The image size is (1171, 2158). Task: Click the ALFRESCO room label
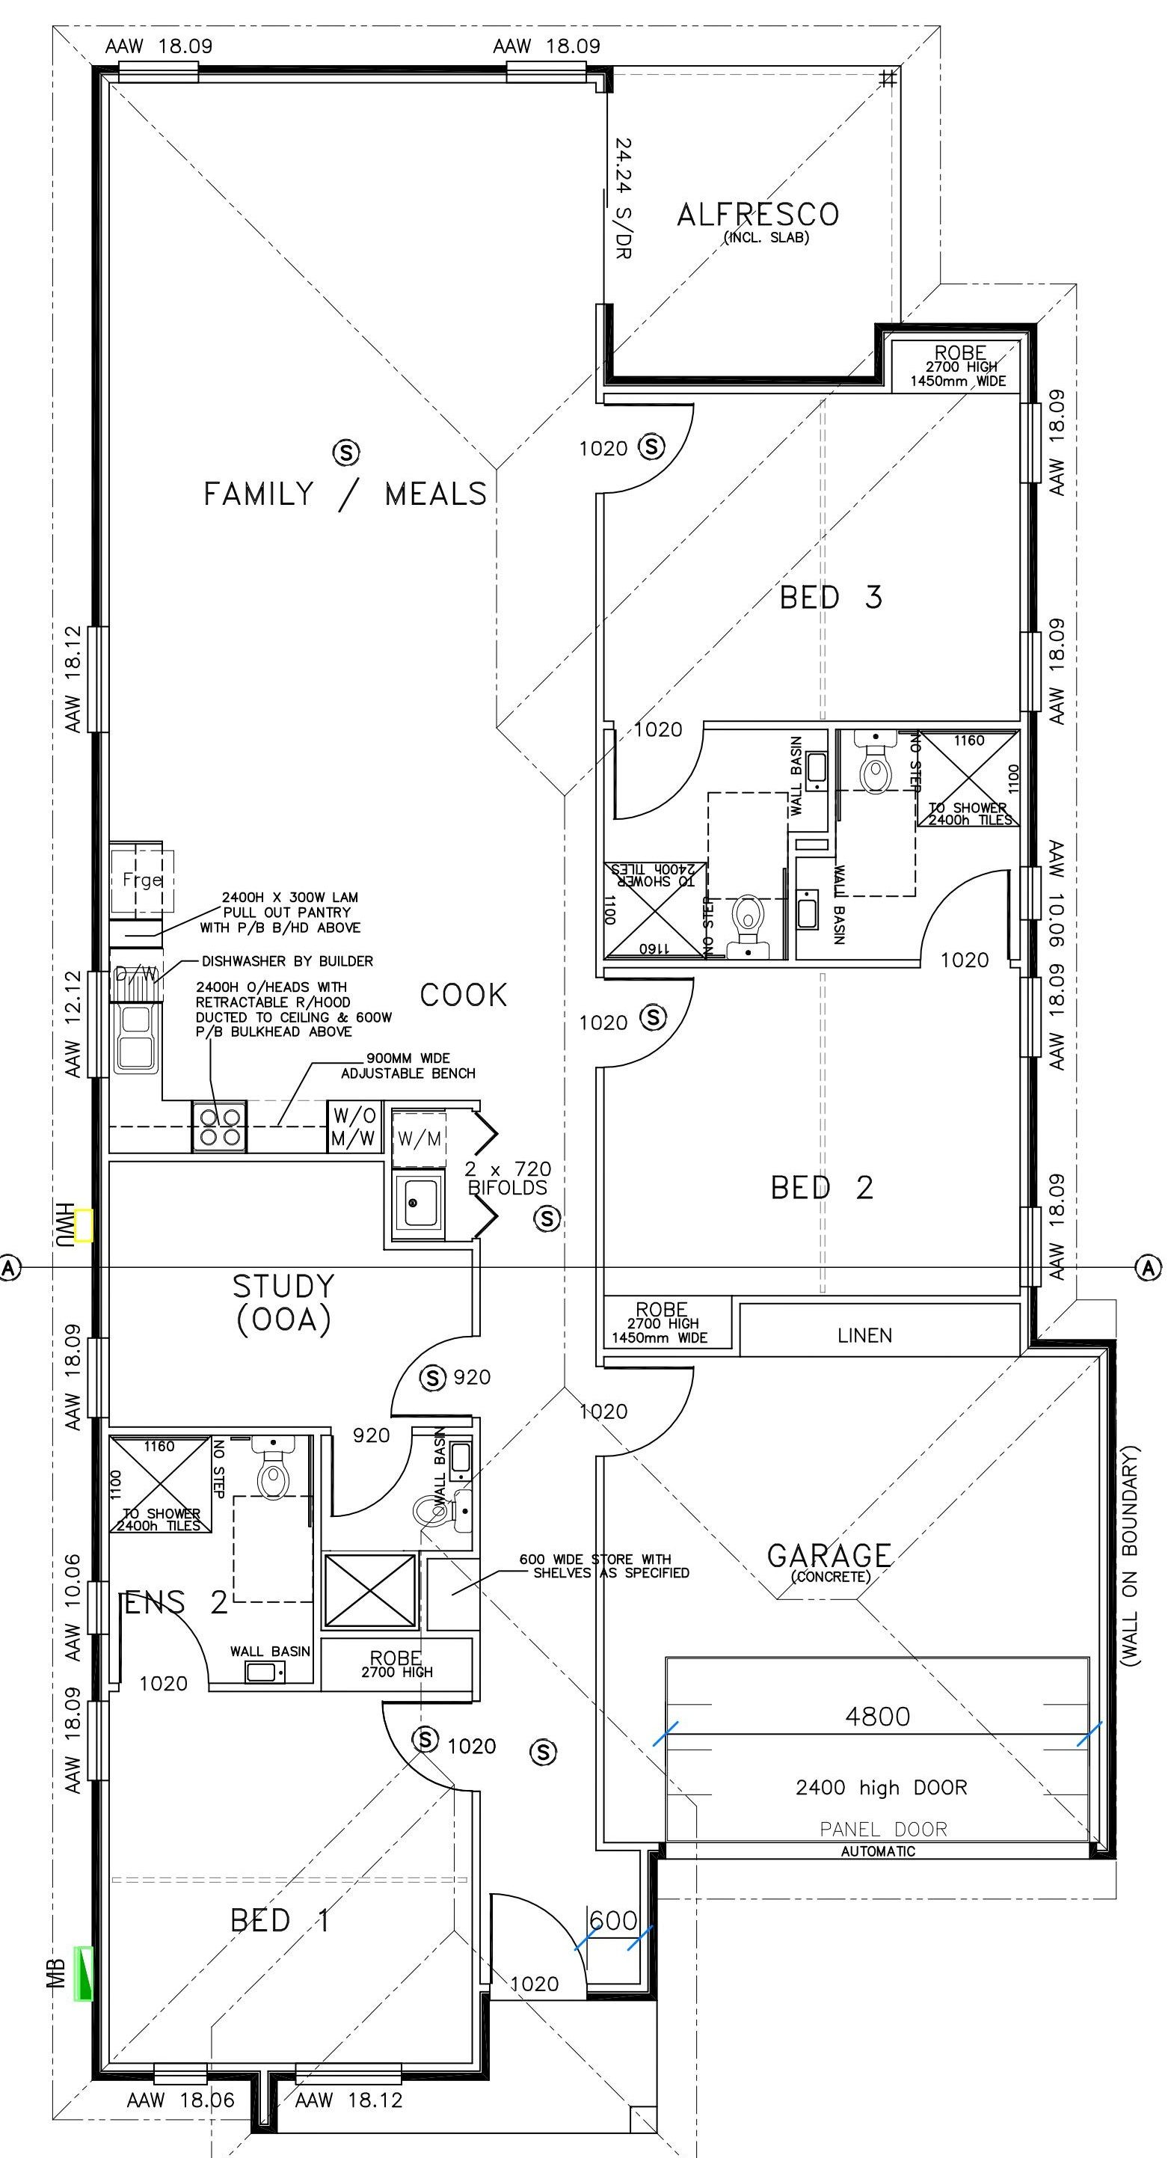point(757,215)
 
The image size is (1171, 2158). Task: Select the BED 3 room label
point(830,598)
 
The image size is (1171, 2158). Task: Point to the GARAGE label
point(829,1556)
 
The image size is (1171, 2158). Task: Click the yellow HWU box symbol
point(84,1224)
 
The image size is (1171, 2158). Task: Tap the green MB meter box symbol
point(84,1974)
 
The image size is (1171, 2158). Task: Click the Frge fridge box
point(141,880)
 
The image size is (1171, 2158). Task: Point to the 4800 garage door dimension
point(877,1717)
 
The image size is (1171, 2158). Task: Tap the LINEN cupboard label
point(864,1335)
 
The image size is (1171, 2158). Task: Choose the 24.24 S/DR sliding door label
point(622,197)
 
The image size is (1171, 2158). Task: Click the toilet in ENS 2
point(272,1475)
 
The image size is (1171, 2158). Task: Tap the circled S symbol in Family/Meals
point(346,453)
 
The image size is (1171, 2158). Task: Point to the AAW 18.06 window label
point(180,2100)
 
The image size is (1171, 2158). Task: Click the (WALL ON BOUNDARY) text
point(1130,1555)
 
